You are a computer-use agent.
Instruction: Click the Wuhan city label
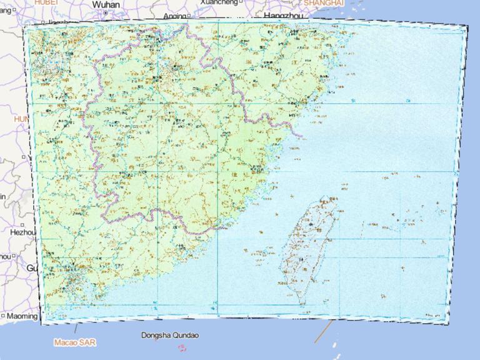pyautogui.click(x=106, y=4)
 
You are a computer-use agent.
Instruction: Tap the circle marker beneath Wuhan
pyautogui.click(x=106, y=12)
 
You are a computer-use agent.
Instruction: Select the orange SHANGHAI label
pyautogui.click(x=324, y=3)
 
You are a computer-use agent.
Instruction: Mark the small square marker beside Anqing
pyautogui.click(x=188, y=15)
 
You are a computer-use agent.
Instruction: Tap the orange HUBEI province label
pyautogui.click(x=46, y=2)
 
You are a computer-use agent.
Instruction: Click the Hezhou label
pyautogui.click(x=23, y=232)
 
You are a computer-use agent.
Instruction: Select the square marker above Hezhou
pyautogui.click(x=22, y=224)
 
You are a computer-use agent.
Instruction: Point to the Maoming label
pyautogui.click(x=22, y=316)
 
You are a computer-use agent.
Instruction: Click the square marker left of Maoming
pyautogui.click(x=3, y=316)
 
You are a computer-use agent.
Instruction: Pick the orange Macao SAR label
pyautogui.click(x=75, y=342)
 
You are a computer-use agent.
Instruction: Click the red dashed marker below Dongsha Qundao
pyautogui.click(x=182, y=347)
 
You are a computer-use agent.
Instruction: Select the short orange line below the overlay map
pyautogui.click(x=322, y=332)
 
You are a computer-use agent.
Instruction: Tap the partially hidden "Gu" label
pyautogui.click(x=31, y=267)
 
